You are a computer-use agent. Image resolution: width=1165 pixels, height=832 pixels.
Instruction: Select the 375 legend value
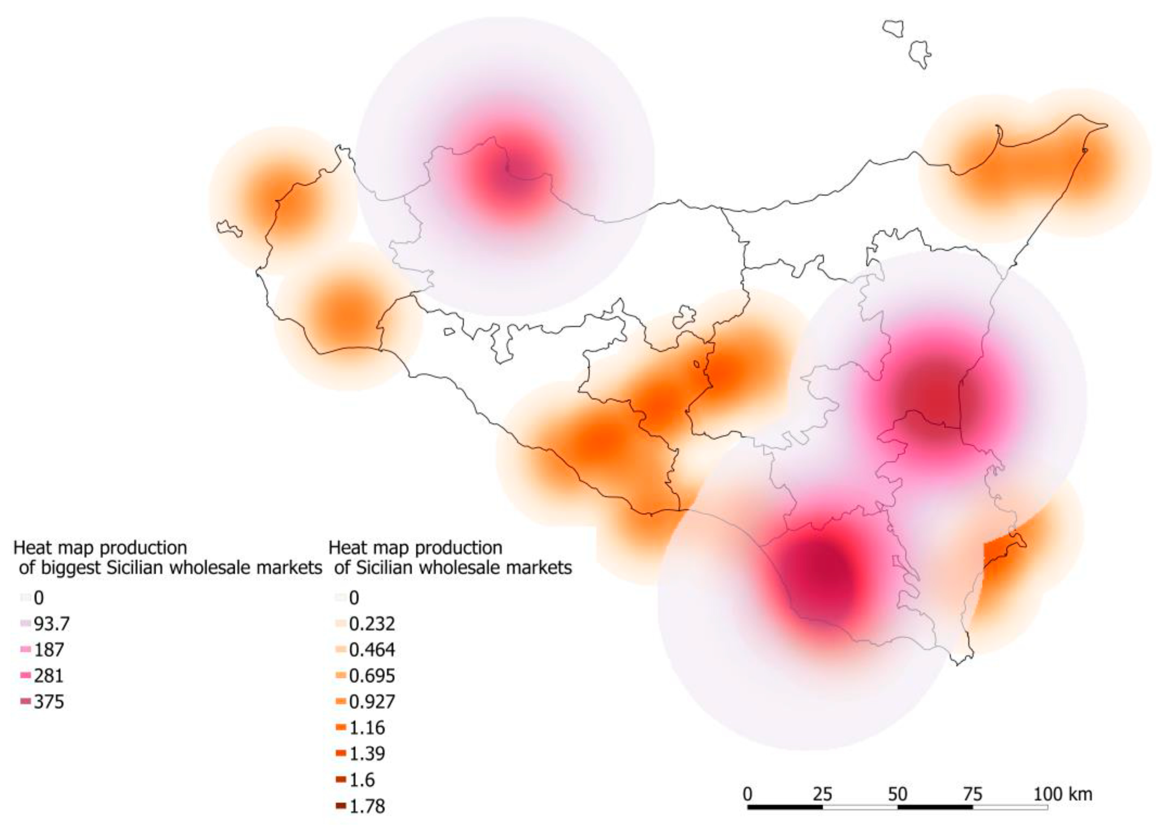pos(49,702)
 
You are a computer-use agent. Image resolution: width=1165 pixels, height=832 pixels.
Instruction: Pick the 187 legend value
pos(49,650)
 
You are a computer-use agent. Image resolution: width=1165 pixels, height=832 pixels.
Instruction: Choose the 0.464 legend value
pos(372,650)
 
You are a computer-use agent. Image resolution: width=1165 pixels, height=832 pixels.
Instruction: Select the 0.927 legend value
pos(372,702)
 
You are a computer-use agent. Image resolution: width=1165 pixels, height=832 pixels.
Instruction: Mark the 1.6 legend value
pos(362,780)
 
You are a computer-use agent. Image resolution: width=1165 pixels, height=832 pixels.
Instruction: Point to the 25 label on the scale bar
pos(822,794)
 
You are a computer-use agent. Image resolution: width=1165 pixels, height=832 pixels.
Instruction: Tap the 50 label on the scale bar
pos(897,794)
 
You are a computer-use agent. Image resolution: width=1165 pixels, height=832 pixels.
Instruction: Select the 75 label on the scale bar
pos(972,794)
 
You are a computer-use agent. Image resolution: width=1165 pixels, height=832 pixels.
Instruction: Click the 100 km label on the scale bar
pos(1063,794)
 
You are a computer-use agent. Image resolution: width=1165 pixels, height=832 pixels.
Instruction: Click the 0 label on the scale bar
pos(748,794)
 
